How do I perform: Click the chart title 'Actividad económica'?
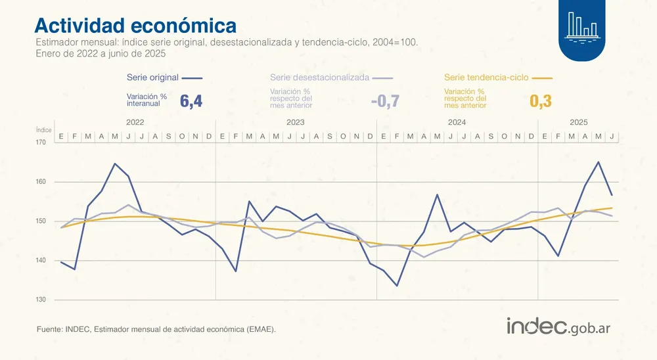click(x=135, y=25)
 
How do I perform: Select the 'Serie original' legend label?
click(x=152, y=78)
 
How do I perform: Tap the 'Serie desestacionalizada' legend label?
click(x=319, y=78)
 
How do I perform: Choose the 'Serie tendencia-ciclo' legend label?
click(x=486, y=78)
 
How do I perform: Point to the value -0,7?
click(x=385, y=101)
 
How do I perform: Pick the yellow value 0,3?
click(x=540, y=101)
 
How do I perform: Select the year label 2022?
click(x=135, y=123)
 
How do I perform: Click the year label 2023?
click(x=296, y=123)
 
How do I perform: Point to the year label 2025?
click(x=578, y=123)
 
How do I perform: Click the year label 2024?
click(x=457, y=123)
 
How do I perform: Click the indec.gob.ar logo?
click(x=563, y=326)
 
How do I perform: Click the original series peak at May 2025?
click(x=599, y=162)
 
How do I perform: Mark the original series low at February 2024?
click(x=397, y=286)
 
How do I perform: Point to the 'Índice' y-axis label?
click(x=43, y=130)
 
